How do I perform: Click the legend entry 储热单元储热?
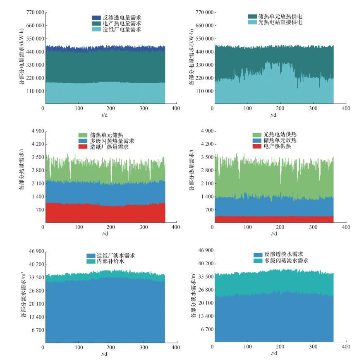tap(100, 135)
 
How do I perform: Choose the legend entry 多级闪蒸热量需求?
tap(105, 141)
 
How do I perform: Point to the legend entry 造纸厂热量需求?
tap(105, 147)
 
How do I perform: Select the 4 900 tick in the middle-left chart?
tap(34, 131)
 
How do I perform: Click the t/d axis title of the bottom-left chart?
tap(104, 354)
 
